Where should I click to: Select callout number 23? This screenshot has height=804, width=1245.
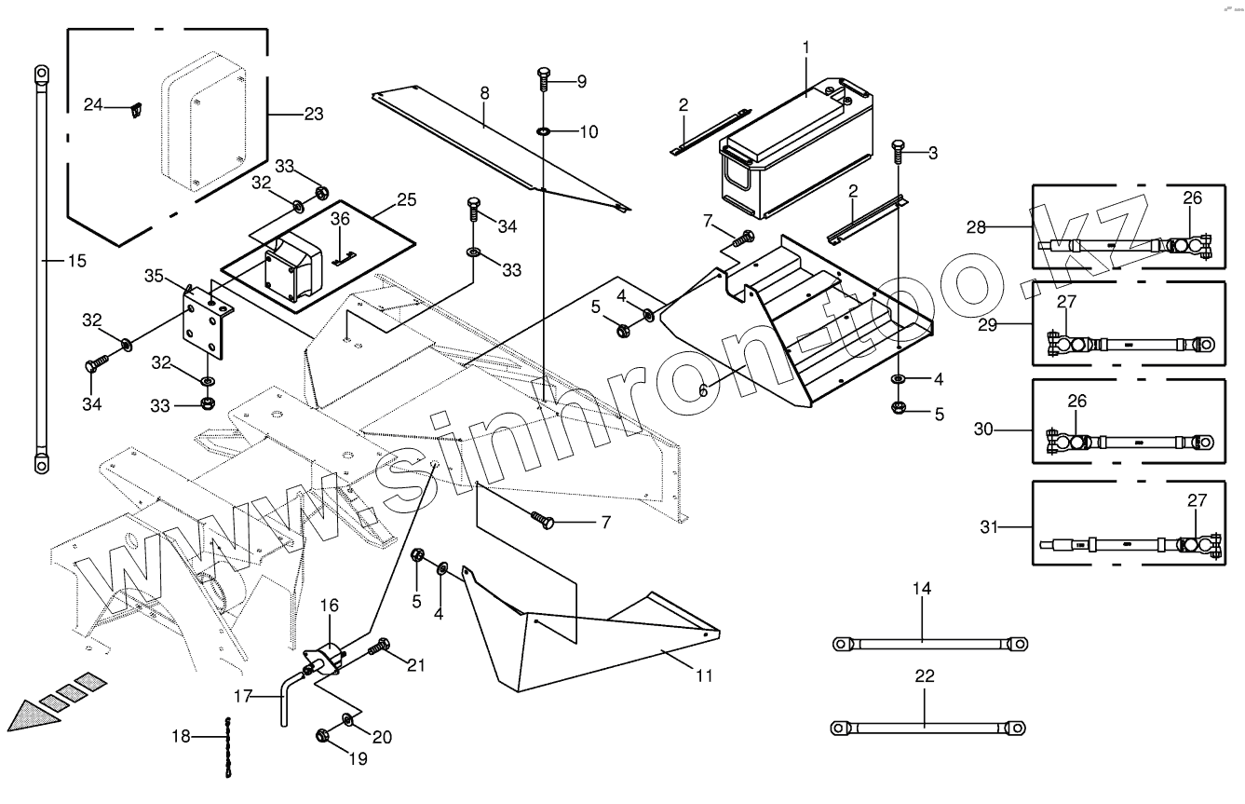click(314, 115)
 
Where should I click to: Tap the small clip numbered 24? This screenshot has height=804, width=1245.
click(136, 110)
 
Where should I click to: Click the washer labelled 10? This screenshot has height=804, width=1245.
click(544, 132)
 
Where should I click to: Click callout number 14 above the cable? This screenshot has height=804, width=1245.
click(921, 589)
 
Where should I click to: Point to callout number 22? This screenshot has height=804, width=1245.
click(924, 676)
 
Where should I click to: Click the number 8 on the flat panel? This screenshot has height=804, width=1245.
click(484, 92)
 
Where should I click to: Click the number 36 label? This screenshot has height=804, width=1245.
click(341, 219)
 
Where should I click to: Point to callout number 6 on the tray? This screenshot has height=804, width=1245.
click(703, 391)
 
